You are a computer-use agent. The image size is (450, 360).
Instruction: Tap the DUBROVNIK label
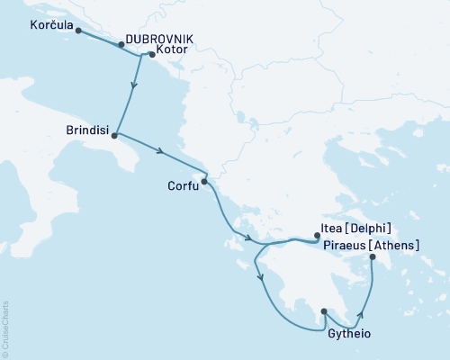click(x=159, y=39)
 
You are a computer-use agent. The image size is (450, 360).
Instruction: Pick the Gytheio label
click(x=349, y=333)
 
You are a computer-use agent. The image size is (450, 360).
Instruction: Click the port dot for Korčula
click(x=78, y=30)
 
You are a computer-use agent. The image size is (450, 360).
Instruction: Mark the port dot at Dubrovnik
click(x=121, y=43)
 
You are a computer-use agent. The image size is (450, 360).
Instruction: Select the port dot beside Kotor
click(x=151, y=55)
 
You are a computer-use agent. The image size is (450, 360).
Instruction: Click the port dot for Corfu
click(x=204, y=181)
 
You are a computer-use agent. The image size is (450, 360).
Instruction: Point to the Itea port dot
click(x=317, y=237)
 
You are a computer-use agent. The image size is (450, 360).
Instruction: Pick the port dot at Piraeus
click(x=372, y=258)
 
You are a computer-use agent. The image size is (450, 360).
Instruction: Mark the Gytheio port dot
click(x=323, y=312)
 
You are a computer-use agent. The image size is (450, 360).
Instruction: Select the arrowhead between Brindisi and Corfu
click(x=159, y=152)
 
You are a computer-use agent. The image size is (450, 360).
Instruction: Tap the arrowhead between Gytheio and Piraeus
click(x=362, y=315)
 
